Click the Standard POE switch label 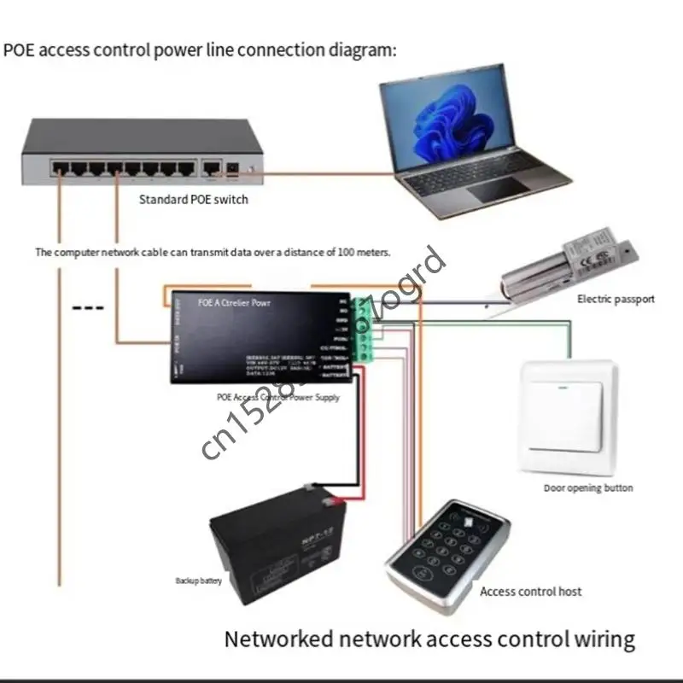193,200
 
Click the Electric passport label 616,299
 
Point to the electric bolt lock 567,260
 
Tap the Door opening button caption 588,488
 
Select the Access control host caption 530,591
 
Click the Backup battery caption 197,581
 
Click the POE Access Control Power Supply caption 278,398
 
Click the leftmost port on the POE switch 60,166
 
